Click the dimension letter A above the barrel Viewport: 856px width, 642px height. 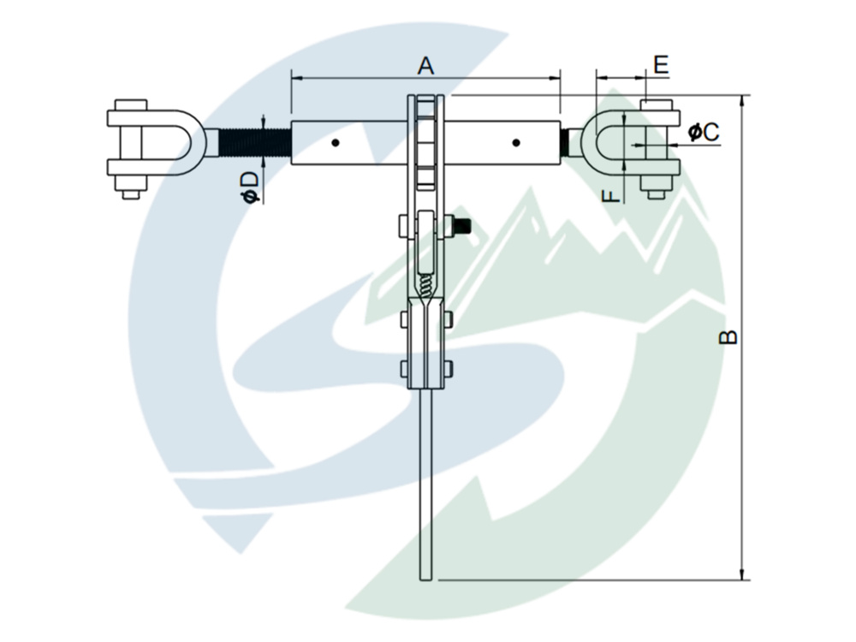tap(425, 65)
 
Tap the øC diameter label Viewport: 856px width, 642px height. tap(703, 132)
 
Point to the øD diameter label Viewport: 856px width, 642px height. tap(249, 187)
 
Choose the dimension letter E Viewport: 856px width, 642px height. tap(660, 65)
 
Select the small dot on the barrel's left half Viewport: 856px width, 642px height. tap(337, 143)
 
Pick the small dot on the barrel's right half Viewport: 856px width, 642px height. tap(515, 142)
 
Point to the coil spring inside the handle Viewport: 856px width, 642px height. tap(425, 279)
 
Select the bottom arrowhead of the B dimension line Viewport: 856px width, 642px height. tap(742, 574)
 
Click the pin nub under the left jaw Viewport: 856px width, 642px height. tap(130, 194)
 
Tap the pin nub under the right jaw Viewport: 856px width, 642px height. tap(656, 194)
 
